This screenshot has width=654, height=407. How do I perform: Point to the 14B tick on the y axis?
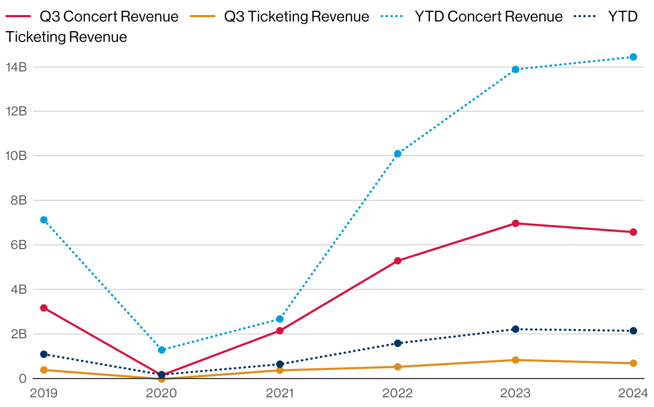tap(16, 67)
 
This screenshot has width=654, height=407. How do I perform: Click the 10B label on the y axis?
tap(16, 156)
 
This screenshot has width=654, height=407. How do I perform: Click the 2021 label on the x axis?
tap(280, 393)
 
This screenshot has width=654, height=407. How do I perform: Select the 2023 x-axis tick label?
tap(515, 393)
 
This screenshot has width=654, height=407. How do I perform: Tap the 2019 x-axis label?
tap(44, 393)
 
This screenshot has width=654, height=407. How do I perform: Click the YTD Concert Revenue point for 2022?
tap(398, 154)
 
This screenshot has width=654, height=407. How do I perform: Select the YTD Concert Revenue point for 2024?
tap(633, 57)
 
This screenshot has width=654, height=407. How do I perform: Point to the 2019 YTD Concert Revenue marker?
tap(44, 220)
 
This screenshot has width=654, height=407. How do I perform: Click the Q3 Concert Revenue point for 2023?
tap(516, 223)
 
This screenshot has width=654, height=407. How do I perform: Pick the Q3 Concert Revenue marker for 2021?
tap(280, 331)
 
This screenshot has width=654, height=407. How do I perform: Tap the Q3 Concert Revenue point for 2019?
tap(44, 308)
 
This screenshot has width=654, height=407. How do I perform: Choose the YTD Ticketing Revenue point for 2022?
tap(398, 343)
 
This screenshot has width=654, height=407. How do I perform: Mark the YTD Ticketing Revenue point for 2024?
tap(633, 331)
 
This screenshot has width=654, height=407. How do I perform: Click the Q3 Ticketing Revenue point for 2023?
tap(516, 360)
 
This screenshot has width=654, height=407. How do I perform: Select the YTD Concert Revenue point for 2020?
tap(162, 350)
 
